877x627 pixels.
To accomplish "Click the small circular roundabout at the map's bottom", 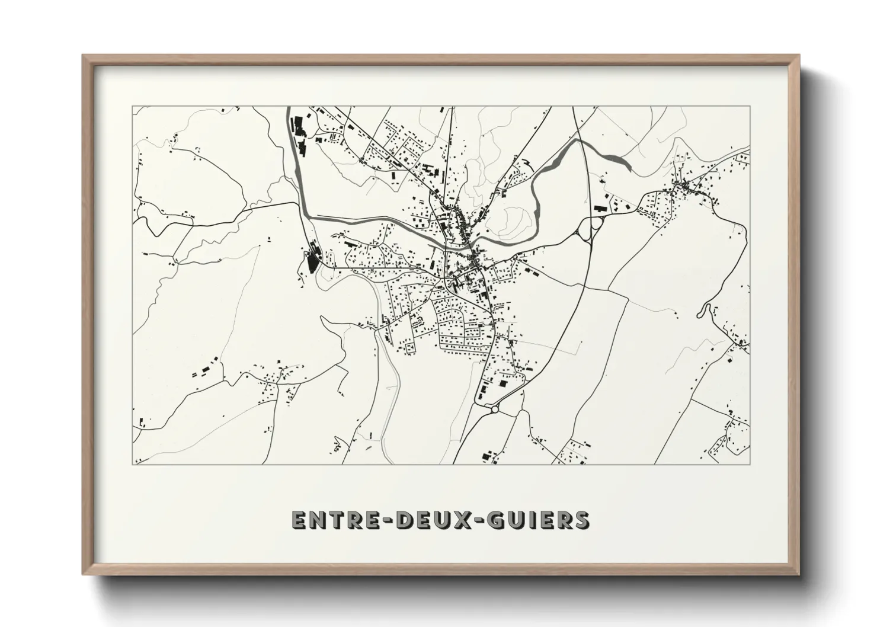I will click(x=495, y=408).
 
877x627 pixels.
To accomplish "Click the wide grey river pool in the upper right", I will click(x=614, y=159).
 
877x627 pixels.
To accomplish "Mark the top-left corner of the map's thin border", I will click(x=133, y=107).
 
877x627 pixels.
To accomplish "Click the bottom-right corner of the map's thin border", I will click(x=750, y=464).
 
